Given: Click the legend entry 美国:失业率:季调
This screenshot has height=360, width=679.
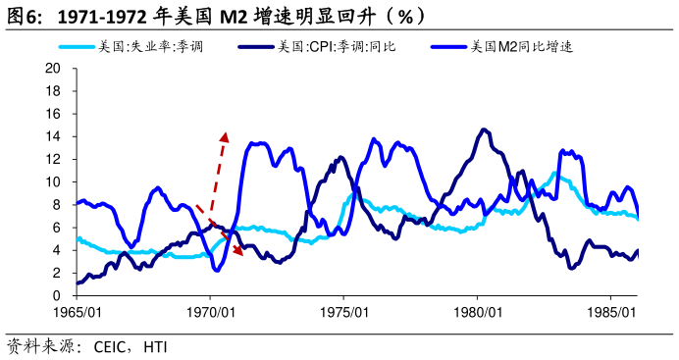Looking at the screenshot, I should pyautogui.click(x=157, y=45).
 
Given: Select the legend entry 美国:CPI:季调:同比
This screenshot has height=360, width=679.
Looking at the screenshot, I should pyautogui.click(x=337, y=45).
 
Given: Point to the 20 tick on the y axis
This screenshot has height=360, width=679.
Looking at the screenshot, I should pyautogui.click(x=54, y=69).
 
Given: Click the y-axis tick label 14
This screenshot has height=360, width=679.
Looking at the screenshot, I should pyautogui.click(x=54, y=136).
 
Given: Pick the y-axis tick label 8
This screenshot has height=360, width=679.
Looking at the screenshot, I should pyautogui.click(x=58, y=205).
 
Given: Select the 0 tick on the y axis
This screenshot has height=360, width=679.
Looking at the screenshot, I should pyautogui.click(x=58, y=295).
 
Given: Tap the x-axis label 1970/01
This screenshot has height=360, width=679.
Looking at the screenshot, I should pyautogui.click(x=210, y=313).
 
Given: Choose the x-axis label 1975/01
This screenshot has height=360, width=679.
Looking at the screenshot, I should pyautogui.click(x=343, y=313).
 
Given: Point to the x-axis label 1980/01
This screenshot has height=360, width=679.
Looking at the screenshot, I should pyautogui.click(x=477, y=313).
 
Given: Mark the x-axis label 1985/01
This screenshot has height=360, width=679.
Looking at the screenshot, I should pyautogui.click(x=610, y=313).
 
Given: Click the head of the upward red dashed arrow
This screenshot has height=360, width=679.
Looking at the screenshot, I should pyautogui.click(x=225, y=134).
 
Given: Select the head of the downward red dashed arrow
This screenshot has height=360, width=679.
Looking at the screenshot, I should pyautogui.click(x=238, y=252).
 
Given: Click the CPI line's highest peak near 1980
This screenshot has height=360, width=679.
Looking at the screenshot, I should pyautogui.click(x=484, y=129).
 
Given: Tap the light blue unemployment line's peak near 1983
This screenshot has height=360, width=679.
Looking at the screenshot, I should pyautogui.click(x=555, y=174).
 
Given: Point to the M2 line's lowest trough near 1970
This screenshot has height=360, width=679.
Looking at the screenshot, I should pyautogui.click(x=217, y=270).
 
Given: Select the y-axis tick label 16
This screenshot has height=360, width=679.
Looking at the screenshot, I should pyautogui.click(x=54, y=114).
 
